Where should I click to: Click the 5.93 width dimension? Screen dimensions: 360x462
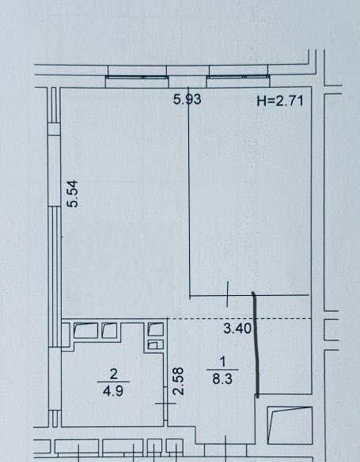click(x=187, y=99)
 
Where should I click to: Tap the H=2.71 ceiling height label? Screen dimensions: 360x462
click(x=280, y=101)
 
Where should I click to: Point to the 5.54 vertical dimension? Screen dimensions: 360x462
click(x=73, y=194)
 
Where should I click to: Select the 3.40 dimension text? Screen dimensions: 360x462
click(x=237, y=328)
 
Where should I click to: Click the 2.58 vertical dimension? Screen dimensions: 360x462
click(x=179, y=381)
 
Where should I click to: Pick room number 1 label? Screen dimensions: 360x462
click(x=222, y=362)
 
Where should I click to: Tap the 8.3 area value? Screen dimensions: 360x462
click(x=222, y=379)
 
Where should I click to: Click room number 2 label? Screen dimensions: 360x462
click(x=113, y=374)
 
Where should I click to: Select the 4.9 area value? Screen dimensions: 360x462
click(x=113, y=392)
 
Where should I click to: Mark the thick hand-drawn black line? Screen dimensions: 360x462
click(x=256, y=345)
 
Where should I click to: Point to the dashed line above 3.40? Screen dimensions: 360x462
click(x=240, y=319)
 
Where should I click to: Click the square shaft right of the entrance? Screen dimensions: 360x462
click(x=290, y=425)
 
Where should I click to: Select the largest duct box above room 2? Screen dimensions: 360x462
click(x=85, y=331)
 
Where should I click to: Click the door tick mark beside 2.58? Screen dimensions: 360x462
click(x=165, y=403)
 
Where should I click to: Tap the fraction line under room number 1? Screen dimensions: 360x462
click(x=222, y=369)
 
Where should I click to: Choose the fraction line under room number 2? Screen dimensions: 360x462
click(x=113, y=382)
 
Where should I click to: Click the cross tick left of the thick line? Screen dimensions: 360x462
click(x=227, y=294)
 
